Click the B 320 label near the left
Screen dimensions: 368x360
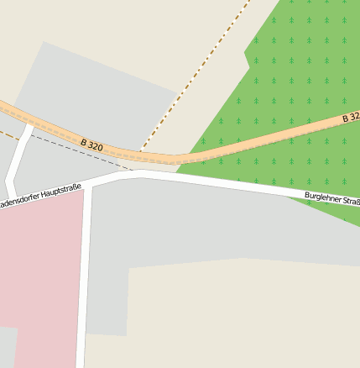coord(91,145)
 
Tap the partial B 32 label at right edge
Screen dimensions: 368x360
coord(352,118)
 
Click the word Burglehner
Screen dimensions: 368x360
coord(320,197)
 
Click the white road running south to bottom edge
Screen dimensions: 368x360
coord(83,286)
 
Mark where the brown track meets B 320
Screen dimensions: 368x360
coord(141,152)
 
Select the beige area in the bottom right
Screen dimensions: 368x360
coord(252,319)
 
